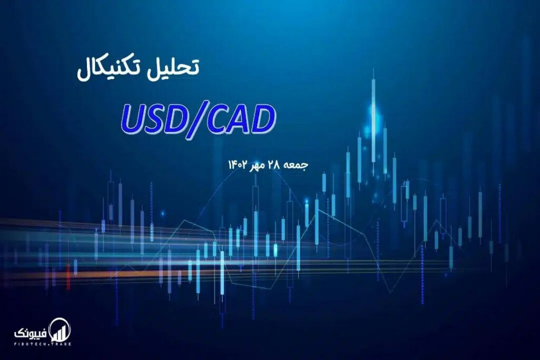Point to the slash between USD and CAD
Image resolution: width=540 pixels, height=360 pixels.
pos(195,121)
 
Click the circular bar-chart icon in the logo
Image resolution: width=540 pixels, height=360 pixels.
pos(60,330)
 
